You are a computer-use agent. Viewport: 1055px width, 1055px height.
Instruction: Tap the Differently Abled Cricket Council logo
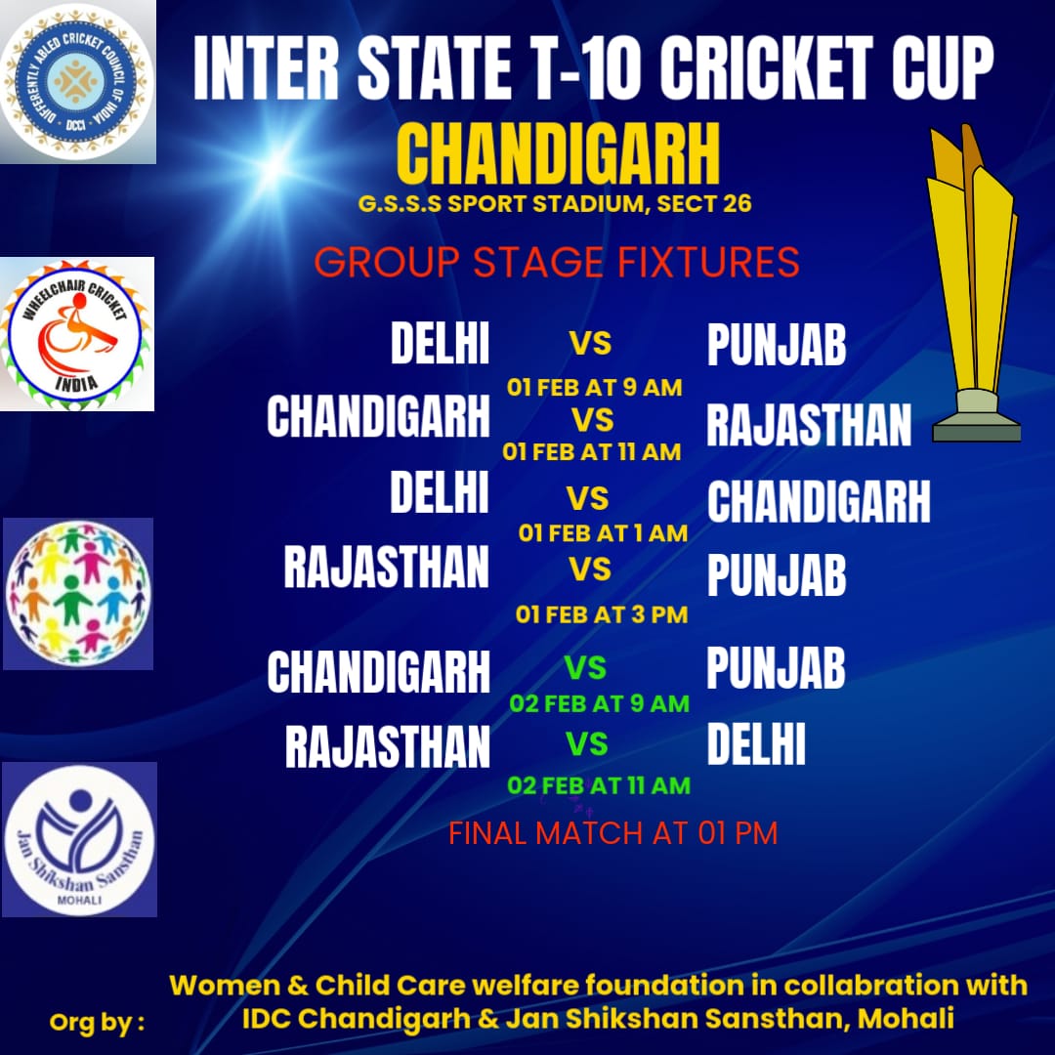pos(77,82)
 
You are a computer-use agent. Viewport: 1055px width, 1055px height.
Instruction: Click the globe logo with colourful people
pos(78,593)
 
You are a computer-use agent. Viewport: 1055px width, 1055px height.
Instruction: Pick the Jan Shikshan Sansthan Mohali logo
pos(79,840)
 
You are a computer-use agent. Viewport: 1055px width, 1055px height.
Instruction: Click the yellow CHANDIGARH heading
pos(559,153)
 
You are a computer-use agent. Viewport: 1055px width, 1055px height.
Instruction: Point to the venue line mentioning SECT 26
pos(555,204)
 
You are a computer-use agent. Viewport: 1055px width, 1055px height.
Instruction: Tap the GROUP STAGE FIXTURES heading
pos(557,262)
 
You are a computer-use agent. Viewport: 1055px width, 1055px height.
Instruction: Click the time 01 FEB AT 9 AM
pos(594,388)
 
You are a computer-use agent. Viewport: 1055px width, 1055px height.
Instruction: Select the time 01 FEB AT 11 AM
pos(591,451)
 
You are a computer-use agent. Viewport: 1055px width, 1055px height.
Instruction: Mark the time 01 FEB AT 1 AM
pos(603,533)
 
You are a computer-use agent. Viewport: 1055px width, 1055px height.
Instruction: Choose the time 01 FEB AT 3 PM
pos(602,614)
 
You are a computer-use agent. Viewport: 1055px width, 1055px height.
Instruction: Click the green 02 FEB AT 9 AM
pos(600,703)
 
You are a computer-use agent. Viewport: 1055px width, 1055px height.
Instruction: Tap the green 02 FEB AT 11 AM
pos(599,785)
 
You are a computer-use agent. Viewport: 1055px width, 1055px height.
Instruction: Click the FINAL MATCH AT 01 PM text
pos(612,833)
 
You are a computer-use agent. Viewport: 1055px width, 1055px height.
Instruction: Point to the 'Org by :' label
pos(97,1022)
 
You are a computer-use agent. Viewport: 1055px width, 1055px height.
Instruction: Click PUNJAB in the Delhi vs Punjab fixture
pos(777,345)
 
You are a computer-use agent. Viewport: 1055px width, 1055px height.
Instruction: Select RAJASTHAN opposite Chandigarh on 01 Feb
pos(809,425)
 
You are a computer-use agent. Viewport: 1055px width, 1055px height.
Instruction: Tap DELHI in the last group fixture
pos(755,744)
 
